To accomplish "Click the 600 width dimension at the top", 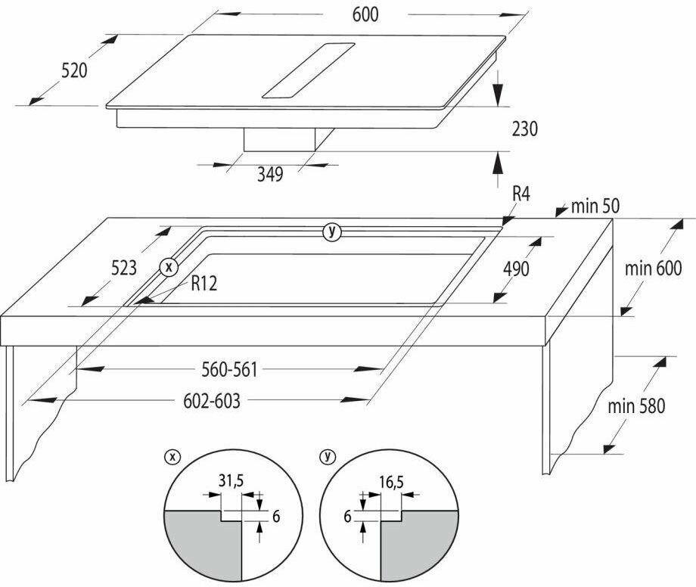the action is coord(364,14).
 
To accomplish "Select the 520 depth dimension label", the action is coord(75,70).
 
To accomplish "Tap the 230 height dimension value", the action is coord(524,129).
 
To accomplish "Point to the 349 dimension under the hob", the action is coord(269,174).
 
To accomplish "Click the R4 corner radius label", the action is coord(520,194).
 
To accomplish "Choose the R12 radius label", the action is coord(205,284).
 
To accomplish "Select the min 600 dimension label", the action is coord(654,268).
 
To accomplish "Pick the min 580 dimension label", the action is coord(636,406).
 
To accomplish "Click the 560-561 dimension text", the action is coord(229,369).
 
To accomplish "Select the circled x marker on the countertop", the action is coord(169,266).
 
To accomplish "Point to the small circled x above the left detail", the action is coord(172,456).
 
